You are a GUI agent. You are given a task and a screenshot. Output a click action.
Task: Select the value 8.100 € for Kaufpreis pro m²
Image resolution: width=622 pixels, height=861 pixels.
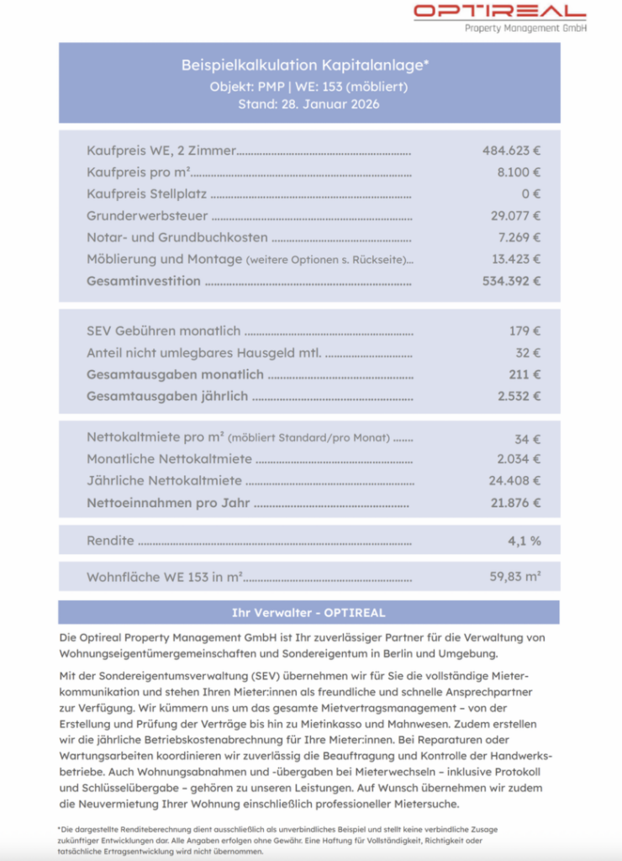pos(519,172)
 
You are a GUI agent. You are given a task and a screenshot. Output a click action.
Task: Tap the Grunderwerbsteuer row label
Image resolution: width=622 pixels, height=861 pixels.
pos(147,216)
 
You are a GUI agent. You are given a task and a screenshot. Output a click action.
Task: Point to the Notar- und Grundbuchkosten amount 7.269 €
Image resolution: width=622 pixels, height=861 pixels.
pos(519,238)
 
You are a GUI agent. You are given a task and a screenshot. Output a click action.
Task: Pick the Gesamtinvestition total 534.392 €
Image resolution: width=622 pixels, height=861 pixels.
pos(511,281)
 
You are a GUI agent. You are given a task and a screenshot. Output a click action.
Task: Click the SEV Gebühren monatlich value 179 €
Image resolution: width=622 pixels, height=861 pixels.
pos(524,331)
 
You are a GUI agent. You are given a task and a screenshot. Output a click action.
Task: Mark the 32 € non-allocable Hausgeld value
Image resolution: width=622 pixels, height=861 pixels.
pos(528,353)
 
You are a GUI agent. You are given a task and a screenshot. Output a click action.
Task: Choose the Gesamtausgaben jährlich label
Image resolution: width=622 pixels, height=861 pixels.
pos(167,396)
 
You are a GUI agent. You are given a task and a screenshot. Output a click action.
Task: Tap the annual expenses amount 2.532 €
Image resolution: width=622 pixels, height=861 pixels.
pos(519,396)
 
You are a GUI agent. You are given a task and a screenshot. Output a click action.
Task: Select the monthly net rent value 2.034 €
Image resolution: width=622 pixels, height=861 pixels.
pos(519,459)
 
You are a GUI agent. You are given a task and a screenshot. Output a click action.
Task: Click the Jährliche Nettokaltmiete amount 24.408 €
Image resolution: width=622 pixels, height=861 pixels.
pos(514,481)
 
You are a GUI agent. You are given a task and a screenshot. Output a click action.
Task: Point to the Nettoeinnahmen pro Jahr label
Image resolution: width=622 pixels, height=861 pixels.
pos(168,503)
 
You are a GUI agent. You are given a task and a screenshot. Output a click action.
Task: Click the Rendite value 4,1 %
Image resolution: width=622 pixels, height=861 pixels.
pos(524,541)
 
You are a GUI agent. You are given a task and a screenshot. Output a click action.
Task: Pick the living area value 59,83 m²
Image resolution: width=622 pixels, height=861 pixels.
pos(514,577)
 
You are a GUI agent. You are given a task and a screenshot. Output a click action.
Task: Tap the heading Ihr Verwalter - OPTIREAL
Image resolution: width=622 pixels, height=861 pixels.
pos(308,612)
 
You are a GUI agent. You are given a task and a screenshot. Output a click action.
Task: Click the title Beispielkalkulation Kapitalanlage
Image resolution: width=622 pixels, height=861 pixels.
pos(308,65)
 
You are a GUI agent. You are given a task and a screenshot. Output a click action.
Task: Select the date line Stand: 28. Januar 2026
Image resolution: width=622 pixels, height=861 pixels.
pos(308,104)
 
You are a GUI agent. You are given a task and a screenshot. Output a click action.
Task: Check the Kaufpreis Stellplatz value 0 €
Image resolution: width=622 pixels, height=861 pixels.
pos(531,194)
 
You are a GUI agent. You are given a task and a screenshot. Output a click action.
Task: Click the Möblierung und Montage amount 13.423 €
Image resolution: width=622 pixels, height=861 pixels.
pos(515,259)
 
